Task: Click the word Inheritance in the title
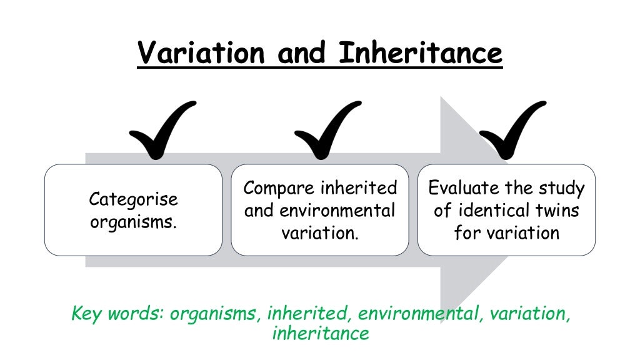420,52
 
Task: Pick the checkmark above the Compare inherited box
326,130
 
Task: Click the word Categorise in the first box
133,200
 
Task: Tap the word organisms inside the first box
133,222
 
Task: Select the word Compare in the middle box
279,188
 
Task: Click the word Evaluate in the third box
464,188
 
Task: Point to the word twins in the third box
554,211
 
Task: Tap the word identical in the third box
489,211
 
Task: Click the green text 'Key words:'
117,313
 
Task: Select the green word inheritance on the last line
320,333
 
